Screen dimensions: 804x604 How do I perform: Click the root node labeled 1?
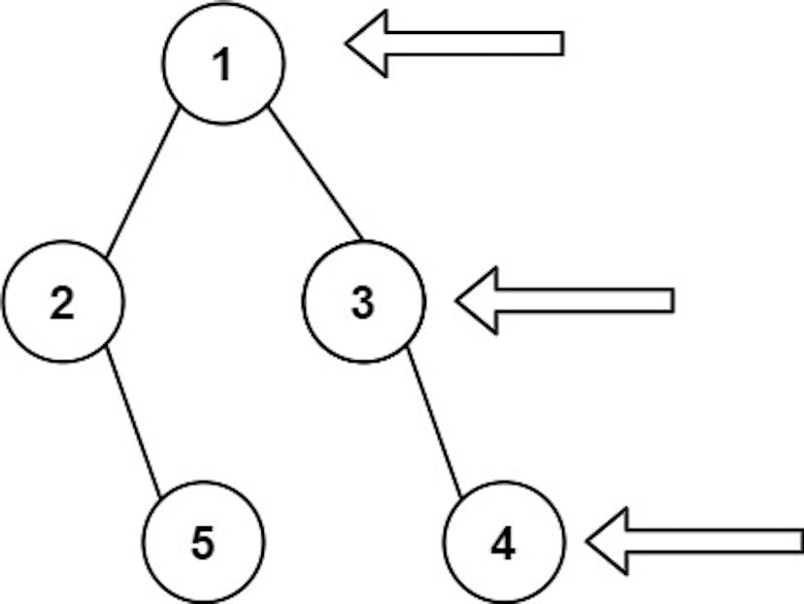(223, 63)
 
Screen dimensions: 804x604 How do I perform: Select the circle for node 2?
(63, 301)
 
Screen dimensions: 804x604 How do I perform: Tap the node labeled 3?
(363, 301)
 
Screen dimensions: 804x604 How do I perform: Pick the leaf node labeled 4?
(504, 542)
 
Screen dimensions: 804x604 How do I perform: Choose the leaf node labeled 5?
(204, 542)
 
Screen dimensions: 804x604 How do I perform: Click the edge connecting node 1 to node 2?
(143, 182)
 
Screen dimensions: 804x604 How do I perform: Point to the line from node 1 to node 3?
(316, 173)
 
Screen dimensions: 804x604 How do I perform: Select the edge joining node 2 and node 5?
(133, 422)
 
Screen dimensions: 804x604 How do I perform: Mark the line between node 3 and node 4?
(434, 422)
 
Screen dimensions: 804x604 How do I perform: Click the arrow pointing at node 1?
(454, 43)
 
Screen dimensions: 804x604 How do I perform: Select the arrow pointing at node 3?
(564, 300)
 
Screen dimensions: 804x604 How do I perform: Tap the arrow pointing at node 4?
(695, 542)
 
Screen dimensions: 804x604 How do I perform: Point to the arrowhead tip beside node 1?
(346, 43)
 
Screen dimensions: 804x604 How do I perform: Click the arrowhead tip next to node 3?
(456, 300)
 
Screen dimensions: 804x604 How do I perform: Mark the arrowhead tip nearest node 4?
(586, 542)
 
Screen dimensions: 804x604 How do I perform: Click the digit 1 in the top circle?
(222, 65)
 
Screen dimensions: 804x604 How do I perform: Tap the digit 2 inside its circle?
(62, 303)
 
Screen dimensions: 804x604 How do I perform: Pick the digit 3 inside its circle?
(363, 303)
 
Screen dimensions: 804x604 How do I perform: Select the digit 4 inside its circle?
(504, 544)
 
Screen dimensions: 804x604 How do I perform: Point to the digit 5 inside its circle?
(203, 544)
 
